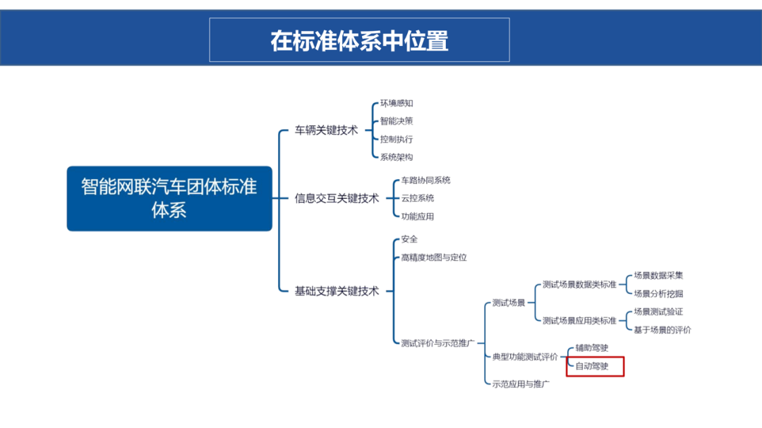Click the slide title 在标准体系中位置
pos(359,40)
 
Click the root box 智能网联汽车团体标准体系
pos(169,198)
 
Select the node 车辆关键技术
pos(326,130)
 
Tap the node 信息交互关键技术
pos(337,198)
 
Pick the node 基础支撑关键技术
pos(337,291)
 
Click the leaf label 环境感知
pos(397,103)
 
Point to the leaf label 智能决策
pos(397,121)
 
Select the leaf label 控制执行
pos(397,140)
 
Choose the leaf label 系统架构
pos(397,157)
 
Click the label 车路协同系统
pos(425,181)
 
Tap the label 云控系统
pos(418,199)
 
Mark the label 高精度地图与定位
pos(434,257)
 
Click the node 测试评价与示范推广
pos(437,343)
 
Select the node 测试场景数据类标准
pos(579,285)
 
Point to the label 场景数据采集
pos(658,276)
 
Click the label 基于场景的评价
pos(662,329)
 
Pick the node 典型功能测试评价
pos(525,357)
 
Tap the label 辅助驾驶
pos(591,348)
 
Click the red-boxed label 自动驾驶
pos(591,367)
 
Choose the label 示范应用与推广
pos(521,384)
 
